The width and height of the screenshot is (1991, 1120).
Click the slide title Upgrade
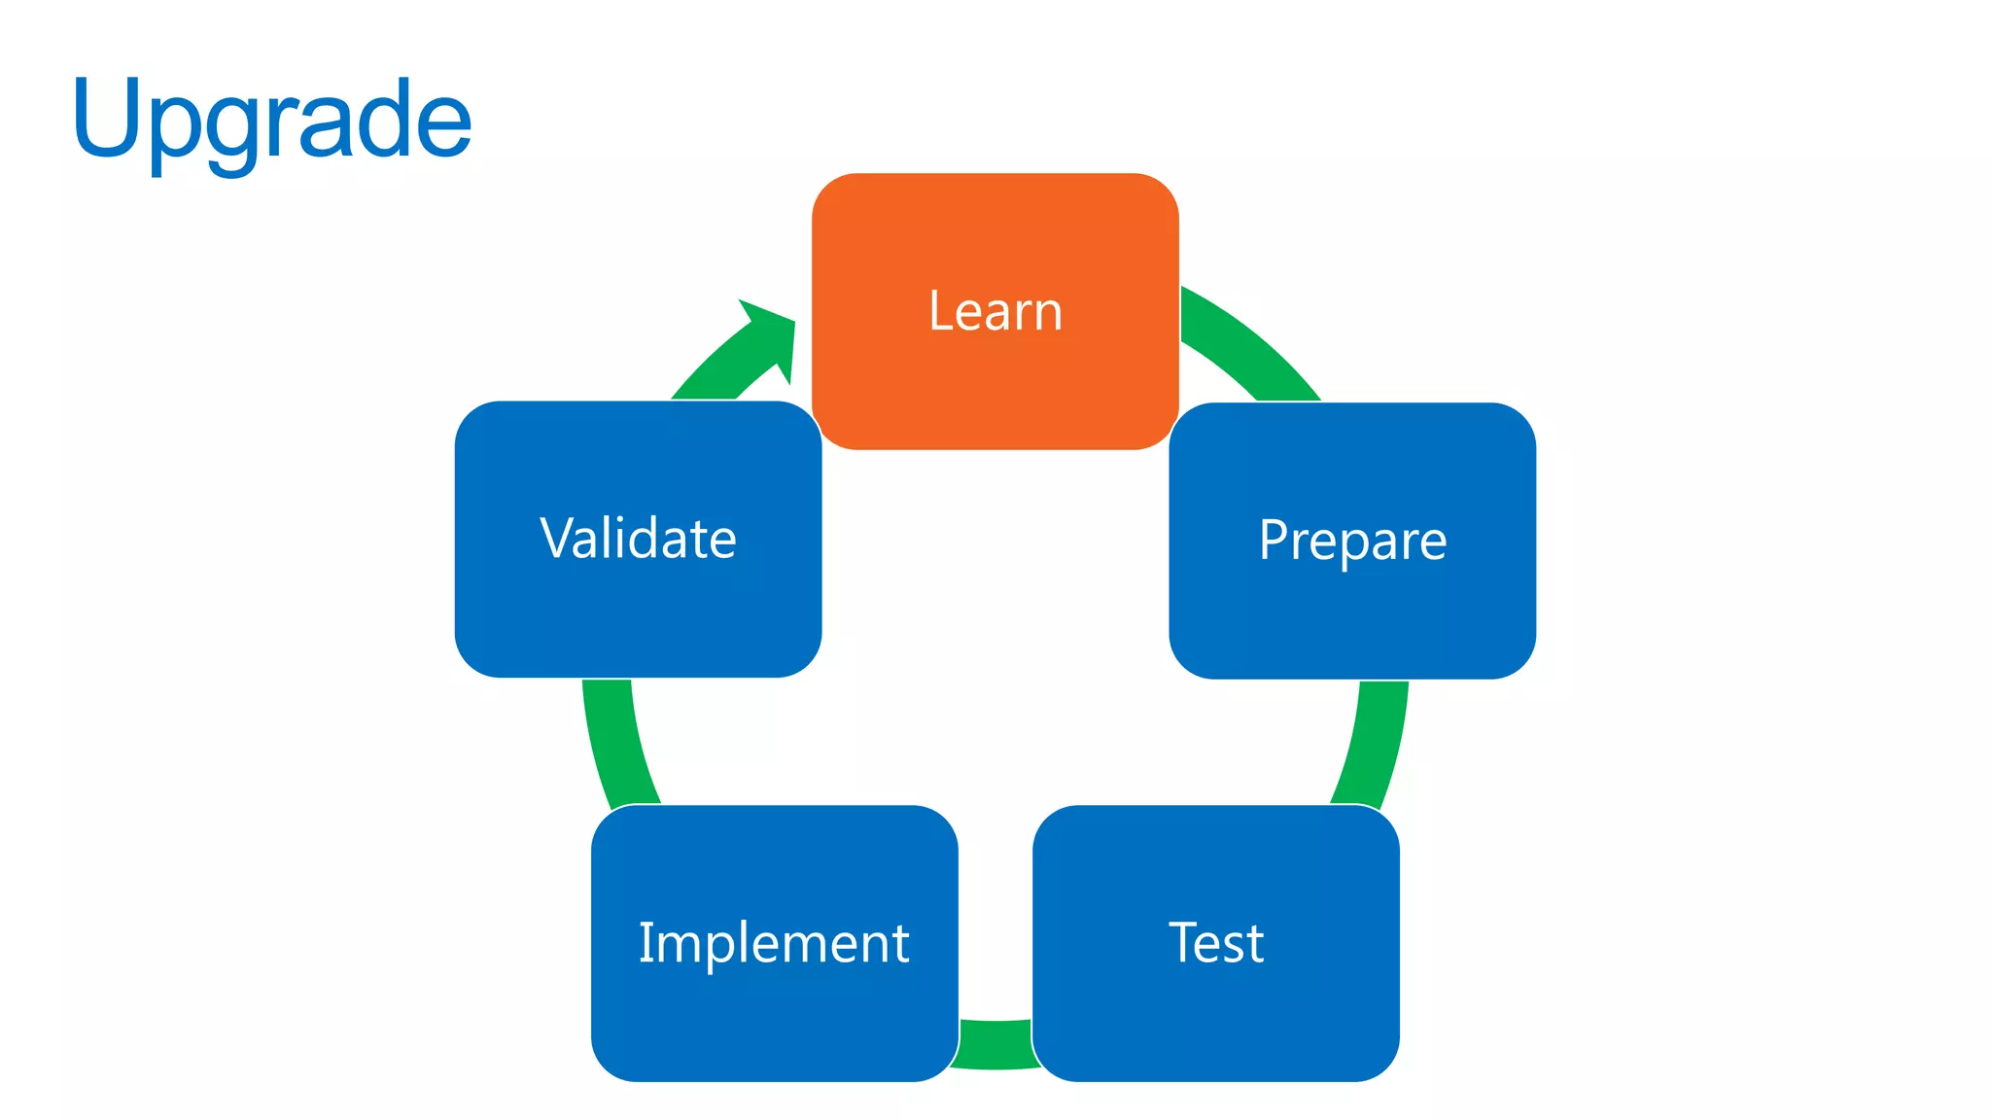272,121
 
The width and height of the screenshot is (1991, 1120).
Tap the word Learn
995,311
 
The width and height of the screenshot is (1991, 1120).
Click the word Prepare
1352,541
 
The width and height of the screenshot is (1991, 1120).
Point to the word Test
1215,942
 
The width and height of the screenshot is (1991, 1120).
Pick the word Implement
774,942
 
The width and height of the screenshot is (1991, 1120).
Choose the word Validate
638,539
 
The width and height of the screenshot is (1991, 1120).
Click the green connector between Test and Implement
995,1044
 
